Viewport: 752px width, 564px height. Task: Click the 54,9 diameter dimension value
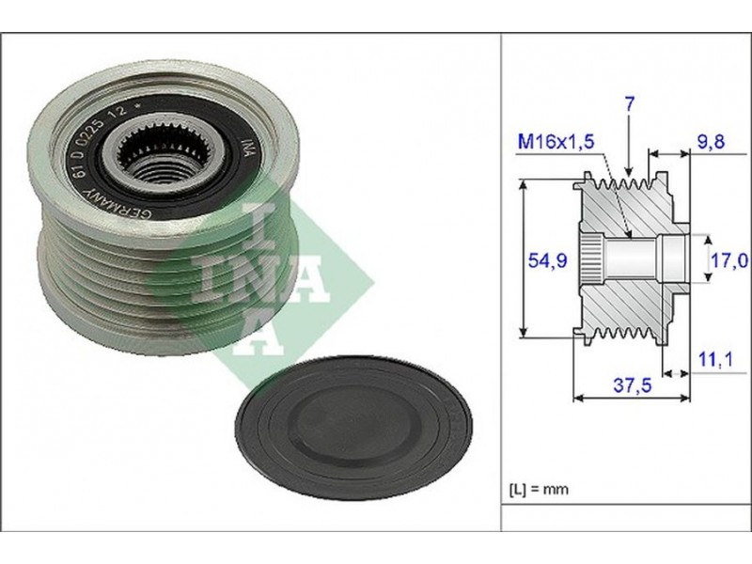pos(547,260)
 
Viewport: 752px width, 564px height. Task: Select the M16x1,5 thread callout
pos(556,142)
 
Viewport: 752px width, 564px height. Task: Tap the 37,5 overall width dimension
pos(633,384)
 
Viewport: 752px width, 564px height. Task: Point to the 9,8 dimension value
pos(711,142)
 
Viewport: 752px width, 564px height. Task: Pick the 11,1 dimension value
pos(715,359)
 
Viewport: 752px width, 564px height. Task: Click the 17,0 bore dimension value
pos(729,260)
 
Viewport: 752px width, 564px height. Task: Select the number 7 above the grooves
pos(630,104)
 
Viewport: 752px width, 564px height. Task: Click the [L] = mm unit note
pos(538,490)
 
